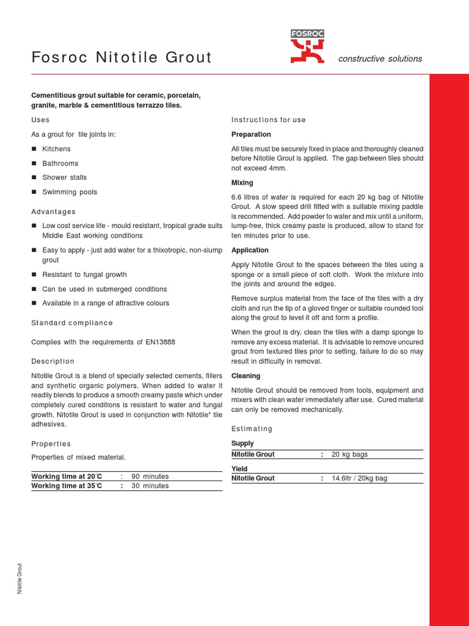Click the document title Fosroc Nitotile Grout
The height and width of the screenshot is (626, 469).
pyautogui.click(x=122, y=58)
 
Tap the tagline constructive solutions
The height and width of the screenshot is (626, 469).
pyautogui.click(x=380, y=59)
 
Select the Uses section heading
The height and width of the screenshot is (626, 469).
pyautogui.click(x=40, y=120)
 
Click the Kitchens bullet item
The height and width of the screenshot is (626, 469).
pyautogui.click(x=56, y=149)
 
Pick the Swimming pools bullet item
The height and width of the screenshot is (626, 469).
pyautogui.click(x=70, y=192)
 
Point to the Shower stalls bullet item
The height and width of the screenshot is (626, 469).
pyautogui.click(x=64, y=177)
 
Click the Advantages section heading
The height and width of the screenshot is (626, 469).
pyautogui.click(x=53, y=212)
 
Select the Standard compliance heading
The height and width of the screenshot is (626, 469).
pyautogui.click(x=72, y=323)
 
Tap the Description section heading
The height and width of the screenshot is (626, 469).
pyautogui.click(x=53, y=361)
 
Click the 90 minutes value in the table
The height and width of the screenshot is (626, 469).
pyautogui.click(x=150, y=476)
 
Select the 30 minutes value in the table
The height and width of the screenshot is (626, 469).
pyautogui.click(x=150, y=486)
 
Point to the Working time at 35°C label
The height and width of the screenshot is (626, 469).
pyautogui.click(x=67, y=486)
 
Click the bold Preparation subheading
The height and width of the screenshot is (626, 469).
pyautogui.click(x=251, y=134)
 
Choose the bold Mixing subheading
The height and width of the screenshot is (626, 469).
pyautogui.click(x=242, y=183)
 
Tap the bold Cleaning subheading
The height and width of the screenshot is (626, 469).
pyautogui.click(x=245, y=376)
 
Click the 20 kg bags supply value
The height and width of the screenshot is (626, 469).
pyautogui.click(x=349, y=455)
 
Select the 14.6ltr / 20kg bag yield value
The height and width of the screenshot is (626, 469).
pyautogui.click(x=359, y=479)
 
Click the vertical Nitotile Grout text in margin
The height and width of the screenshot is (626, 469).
pyautogui.click(x=20, y=578)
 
